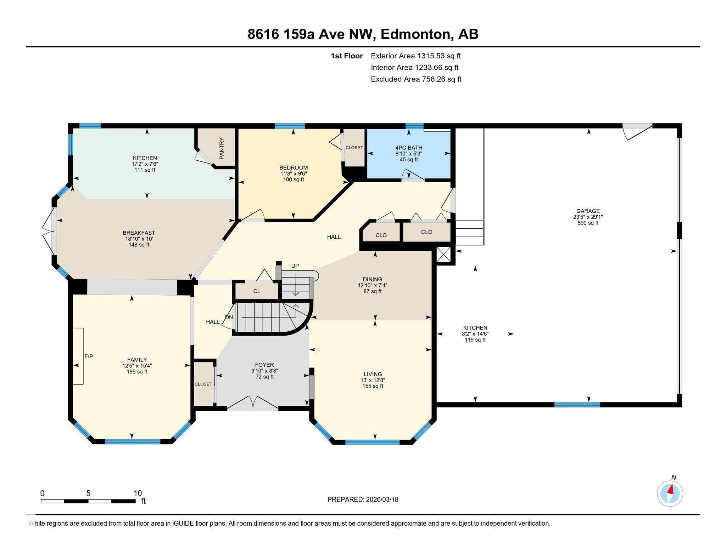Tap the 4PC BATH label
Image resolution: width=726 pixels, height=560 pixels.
click(409, 148)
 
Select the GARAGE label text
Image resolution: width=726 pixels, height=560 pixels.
click(588, 211)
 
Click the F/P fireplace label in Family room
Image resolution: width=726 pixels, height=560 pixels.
click(89, 356)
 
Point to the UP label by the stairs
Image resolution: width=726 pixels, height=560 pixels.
click(295, 266)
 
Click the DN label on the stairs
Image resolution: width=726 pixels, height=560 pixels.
click(229, 317)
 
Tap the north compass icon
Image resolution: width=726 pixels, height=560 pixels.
click(670, 493)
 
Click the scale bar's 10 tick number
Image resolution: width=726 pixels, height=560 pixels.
click(138, 493)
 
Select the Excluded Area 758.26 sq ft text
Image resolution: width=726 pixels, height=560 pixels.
click(416, 79)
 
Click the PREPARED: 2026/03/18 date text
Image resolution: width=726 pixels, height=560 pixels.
click(363, 499)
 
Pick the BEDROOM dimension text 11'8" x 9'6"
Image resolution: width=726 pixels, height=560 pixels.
click(293, 173)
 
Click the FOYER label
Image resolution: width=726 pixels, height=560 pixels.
click(264, 365)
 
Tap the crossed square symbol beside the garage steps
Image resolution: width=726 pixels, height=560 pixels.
click(443, 255)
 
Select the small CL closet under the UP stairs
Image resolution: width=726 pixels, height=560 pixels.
click(257, 291)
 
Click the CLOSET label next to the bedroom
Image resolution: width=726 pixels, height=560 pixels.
click(354, 148)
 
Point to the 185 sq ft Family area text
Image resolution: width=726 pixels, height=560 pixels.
click(137, 372)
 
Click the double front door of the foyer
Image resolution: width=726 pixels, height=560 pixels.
click(252, 404)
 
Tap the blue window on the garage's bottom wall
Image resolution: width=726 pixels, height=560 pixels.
click(577, 405)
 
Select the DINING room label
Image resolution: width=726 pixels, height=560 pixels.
click(372, 279)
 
